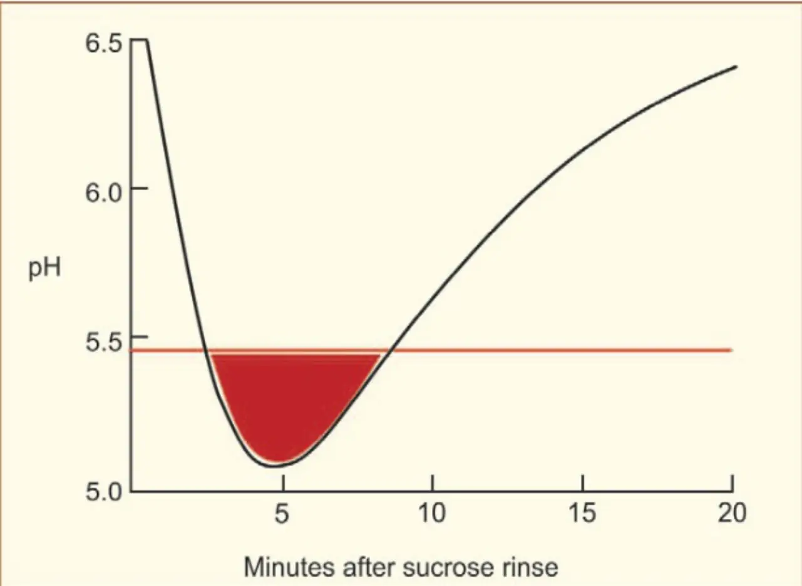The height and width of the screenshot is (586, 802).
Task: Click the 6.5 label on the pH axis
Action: tap(103, 44)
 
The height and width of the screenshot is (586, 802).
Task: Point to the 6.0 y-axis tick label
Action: tap(103, 194)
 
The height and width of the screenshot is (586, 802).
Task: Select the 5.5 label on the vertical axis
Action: tap(103, 343)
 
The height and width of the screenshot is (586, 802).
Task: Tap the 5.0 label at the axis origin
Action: tap(103, 492)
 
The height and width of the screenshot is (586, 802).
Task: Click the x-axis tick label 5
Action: tap(281, 513)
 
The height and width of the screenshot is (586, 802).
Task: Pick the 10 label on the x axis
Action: tap(432, 513)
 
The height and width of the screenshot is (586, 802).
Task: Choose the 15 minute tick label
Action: tap(582, 513)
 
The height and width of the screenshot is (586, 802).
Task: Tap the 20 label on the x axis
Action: tap(732, 513)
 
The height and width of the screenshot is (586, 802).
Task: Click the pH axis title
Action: tap(44, 269)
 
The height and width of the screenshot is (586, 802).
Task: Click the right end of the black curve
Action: tap(736, 66)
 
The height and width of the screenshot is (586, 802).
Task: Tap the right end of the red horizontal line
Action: tap(732, 350)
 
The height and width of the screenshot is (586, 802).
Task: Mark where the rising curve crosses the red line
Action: tap(390, 350)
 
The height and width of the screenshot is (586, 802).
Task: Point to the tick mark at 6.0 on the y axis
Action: tap(140, 188)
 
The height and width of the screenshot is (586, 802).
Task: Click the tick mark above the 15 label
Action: tap(583, 483)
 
